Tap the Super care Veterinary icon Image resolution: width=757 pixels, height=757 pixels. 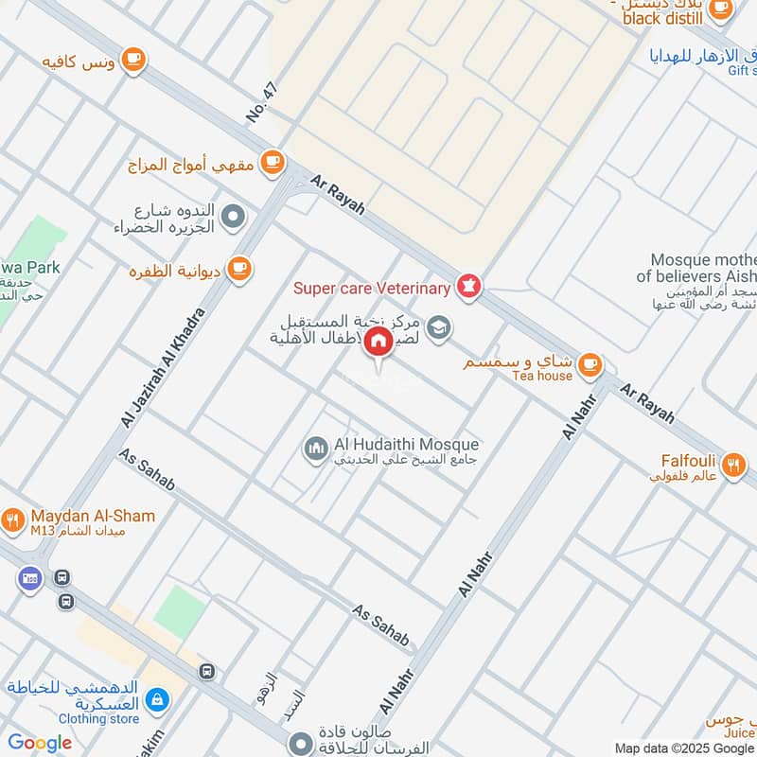click(468, 285)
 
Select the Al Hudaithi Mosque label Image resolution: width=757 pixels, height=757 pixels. click(406, 444)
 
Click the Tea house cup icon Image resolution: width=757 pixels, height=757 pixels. click(590, 363)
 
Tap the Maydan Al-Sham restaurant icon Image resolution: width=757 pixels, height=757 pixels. click(12, 519)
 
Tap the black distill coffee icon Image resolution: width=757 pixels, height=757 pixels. click(720, 9)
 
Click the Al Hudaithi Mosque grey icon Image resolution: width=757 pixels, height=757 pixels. click(315, 447)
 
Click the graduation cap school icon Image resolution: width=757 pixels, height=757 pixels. click(438, 326)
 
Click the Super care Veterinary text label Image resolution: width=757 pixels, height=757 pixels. click(372, 287)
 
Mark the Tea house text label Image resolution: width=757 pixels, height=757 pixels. click(542, 376)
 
